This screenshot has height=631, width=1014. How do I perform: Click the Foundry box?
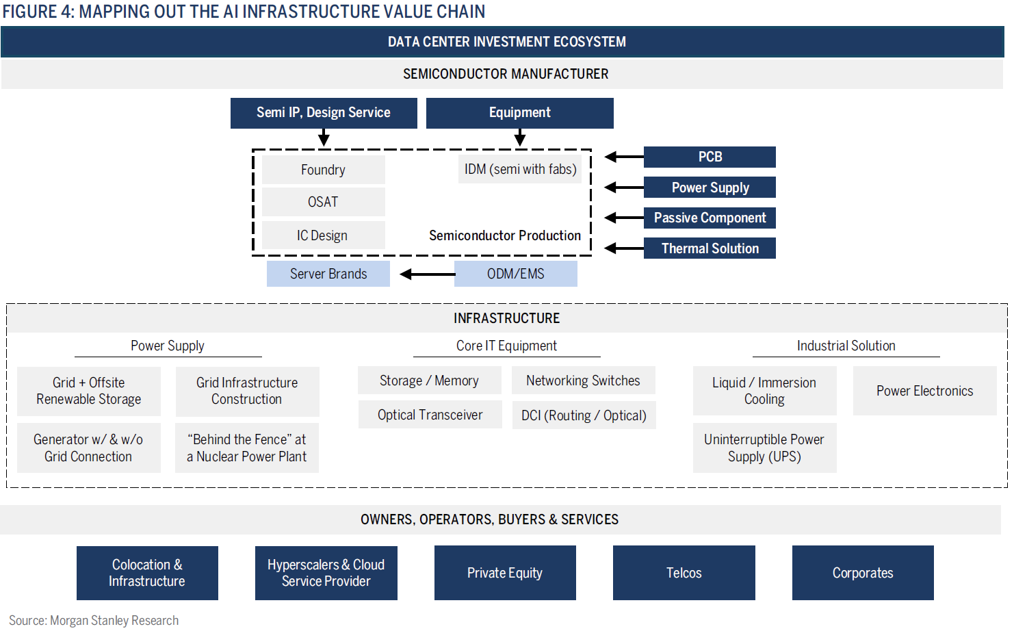[323, 170]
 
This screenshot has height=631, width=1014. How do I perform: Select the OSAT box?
[323, 202]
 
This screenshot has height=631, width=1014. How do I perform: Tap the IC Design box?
[323, 235]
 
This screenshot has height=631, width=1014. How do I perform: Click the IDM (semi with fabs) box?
[520, 169]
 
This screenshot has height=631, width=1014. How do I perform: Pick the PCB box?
[710, 157]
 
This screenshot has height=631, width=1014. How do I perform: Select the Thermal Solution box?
[710, 248]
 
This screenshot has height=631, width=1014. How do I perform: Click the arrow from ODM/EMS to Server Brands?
[428, 274]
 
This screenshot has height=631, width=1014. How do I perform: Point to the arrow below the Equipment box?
[520, 138]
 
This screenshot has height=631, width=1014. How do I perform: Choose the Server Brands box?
[328, 274]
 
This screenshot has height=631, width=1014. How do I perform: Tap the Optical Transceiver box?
[430, 415]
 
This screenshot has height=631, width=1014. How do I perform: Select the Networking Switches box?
[583, 381]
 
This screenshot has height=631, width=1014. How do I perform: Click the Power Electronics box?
[924, 391]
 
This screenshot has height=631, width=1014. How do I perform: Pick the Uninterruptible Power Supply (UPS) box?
[764, 448]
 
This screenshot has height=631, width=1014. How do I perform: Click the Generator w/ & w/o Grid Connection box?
[88, 448]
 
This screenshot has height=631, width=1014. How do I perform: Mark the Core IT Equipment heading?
[506, 346]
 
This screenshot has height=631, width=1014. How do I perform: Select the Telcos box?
[684, 573]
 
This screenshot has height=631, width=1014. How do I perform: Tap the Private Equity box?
[505, 573]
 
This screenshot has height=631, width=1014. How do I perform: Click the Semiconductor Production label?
[505, 235]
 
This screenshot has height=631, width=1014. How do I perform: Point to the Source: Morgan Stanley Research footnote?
[94, 620]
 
